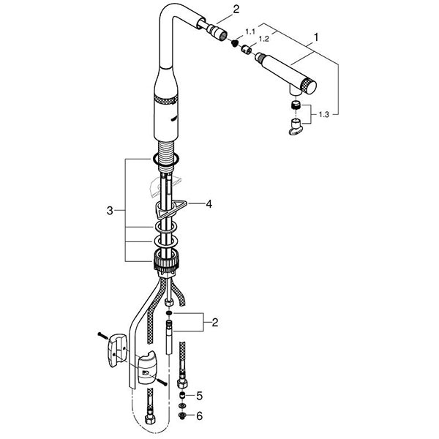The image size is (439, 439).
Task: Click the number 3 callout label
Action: point(110,211)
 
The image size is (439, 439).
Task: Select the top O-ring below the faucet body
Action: point(166,159)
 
